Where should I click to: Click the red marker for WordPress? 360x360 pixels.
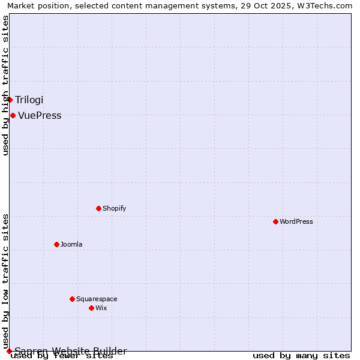[275, 221]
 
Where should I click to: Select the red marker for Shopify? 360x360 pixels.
[98, 208]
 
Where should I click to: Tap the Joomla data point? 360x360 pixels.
[56, 244]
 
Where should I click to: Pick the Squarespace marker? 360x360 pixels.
[72, 299]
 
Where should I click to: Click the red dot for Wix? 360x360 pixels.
[91, 308]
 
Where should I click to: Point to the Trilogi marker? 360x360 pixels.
[10, 100]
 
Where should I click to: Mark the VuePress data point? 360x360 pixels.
[13, 115]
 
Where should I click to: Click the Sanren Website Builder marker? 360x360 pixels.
[9, 351]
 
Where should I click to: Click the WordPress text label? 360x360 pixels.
[296, 221]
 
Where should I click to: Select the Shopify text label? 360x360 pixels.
[115, 208]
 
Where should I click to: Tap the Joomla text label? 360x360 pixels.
[71, 244]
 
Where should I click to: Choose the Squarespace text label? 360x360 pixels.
[97, 299]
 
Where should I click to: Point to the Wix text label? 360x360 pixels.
[101, 308]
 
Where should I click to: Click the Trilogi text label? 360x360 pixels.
[29, 100]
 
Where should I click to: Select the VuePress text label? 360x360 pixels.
[40, 115]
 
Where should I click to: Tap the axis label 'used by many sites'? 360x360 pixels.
[301, 356]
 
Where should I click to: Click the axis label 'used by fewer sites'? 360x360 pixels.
[62, 356]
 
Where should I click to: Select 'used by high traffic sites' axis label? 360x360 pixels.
[5, 86]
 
